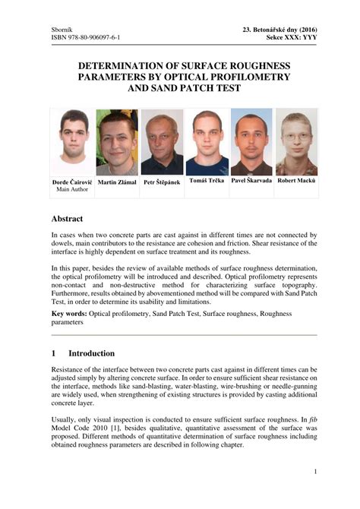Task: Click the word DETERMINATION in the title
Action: [x=125, y=67]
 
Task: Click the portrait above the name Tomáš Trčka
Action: [x=207, y=142]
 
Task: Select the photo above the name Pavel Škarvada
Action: [x=251, y=142]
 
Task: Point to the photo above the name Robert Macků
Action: [x=296, y=142]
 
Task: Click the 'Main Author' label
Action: [x=73, y=190]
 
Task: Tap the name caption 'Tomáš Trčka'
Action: [x=207, y=182]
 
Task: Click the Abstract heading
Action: [x=71, y=218]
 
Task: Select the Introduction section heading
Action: [x=91, y=353]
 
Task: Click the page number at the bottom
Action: [x=314, y=472]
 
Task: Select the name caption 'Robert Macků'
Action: [x=296, y=182]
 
